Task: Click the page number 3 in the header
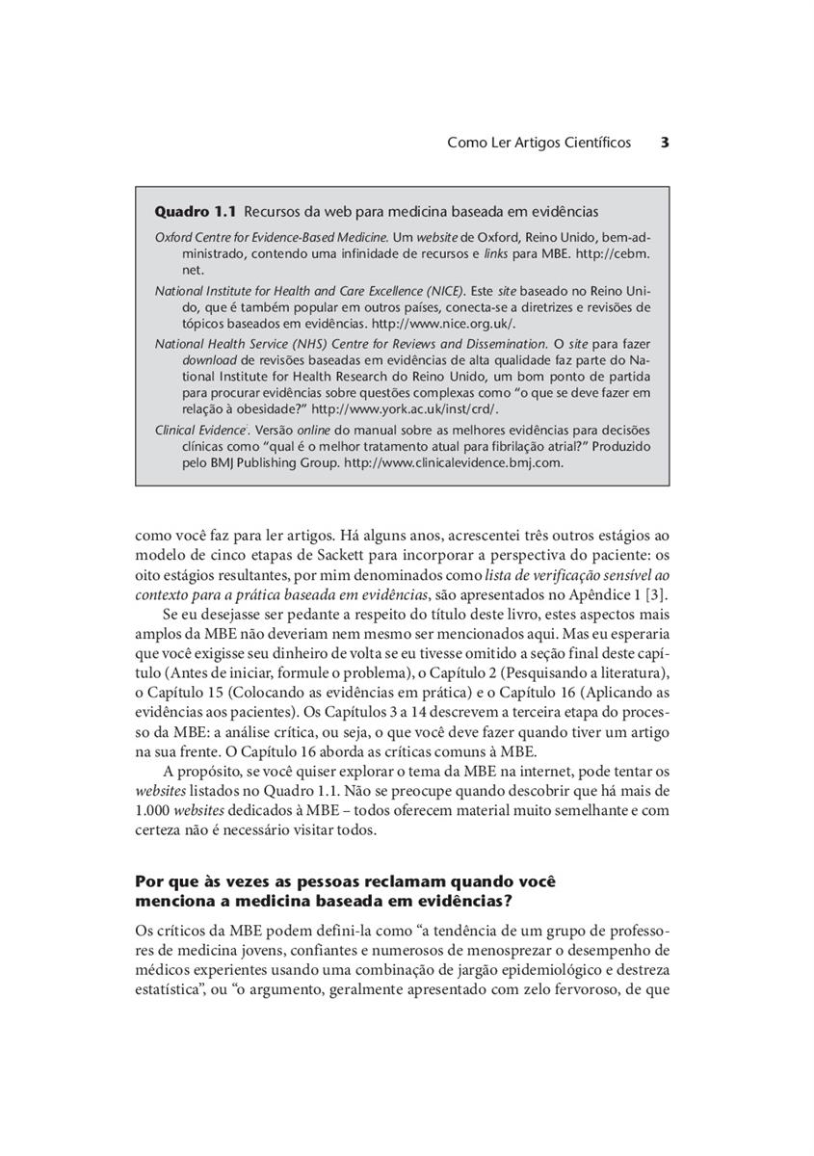click(x=665, y=143)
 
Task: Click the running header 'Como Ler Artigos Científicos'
click(x=538, y=143)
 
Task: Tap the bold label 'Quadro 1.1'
click(x=196, y=211)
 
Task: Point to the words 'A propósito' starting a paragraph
click(x=199, y=772)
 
